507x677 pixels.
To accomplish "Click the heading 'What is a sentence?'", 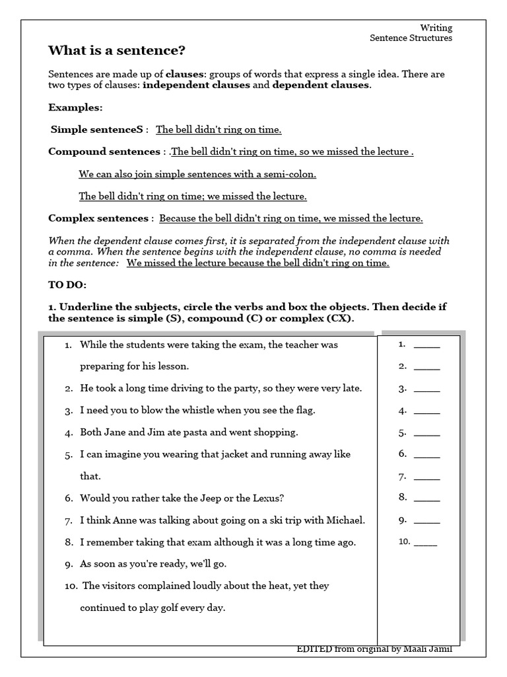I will [117, 51].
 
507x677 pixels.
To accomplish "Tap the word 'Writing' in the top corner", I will [436, 27].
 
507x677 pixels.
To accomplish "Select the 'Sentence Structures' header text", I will [411, 38].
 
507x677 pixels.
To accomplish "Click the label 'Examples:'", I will [75, 107].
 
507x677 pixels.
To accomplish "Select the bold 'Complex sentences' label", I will [98, 218].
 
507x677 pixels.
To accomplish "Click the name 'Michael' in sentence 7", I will [345, 520].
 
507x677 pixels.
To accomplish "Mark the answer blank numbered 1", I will [426, 345].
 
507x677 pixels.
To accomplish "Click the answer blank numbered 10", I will [425, 543].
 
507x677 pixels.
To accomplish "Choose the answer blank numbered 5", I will [426, 434].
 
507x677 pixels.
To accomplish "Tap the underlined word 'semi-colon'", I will [290, 175].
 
